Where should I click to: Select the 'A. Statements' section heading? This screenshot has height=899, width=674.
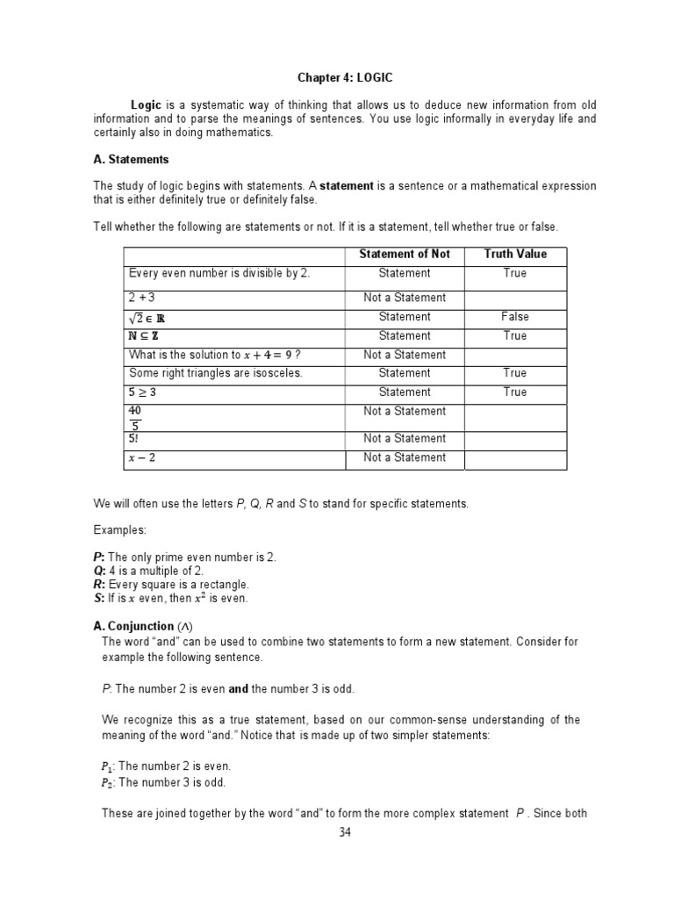pos(131,160)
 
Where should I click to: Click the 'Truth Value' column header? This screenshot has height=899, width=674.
pos(515,255)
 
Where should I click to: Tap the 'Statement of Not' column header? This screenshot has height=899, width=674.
pos(405,255)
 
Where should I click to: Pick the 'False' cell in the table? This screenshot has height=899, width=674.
pos(515,317)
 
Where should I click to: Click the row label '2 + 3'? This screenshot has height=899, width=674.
pos(142,298)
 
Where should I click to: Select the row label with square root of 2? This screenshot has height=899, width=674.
pos(147,317)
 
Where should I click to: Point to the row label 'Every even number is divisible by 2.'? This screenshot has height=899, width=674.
pos(219,273)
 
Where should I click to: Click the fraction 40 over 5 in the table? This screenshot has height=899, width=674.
pos(135,418)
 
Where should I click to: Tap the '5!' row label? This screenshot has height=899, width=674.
pos(134,438)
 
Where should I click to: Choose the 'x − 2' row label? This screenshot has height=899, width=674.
pos(142,457)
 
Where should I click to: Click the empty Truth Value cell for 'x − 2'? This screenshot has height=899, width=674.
pos(515,458)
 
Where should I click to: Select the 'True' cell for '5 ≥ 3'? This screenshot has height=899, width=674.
pos(515,392)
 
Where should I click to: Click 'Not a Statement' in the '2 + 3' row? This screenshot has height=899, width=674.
pos(405,298)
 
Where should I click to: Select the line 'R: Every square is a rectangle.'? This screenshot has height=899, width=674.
pos(171,585)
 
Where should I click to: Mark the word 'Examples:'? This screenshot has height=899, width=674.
pos(119,531)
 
